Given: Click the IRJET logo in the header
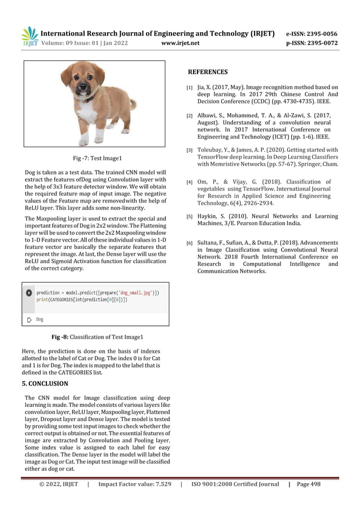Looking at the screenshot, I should tap(30, 37).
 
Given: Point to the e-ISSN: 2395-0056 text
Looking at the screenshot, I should tap(312, 33).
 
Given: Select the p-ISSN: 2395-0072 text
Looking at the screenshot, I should tap(312, 42).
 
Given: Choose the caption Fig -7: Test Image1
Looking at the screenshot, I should tap(98, 159).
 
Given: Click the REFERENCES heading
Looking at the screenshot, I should tap(208, 72).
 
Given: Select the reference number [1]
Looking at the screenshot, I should tap(190, 88).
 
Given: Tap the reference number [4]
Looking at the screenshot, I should tap(190, 182).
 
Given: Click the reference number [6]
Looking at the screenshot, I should tap(190, 243).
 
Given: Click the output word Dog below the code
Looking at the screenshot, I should tap(39, 319).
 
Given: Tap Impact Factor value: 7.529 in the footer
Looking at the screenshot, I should tap(135, 484).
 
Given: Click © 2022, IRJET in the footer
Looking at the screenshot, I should tap(58, 484).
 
